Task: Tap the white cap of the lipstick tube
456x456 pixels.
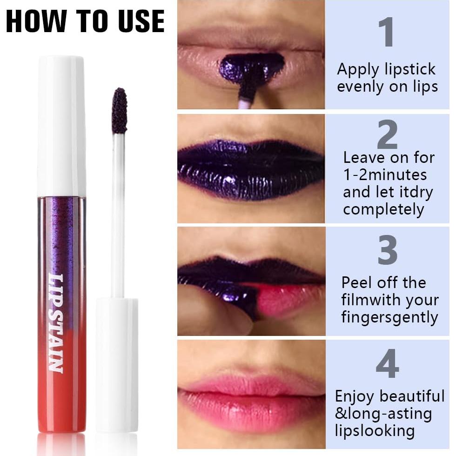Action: coord(61,126)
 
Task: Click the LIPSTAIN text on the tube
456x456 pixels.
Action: coord(56,323)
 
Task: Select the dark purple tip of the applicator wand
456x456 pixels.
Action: coord(120,111)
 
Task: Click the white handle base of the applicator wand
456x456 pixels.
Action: coord(117,363)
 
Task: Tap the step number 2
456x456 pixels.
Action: coord(387,135)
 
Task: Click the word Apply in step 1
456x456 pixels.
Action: coord(359,70)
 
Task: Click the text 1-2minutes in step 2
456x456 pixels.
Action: coord(385,175)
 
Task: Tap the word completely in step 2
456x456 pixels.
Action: coord(384,209)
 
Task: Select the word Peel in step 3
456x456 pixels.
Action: coord(356,282)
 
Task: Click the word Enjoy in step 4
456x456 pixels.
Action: coord(355,396)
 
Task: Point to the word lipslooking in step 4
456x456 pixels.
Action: coord(375,430)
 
